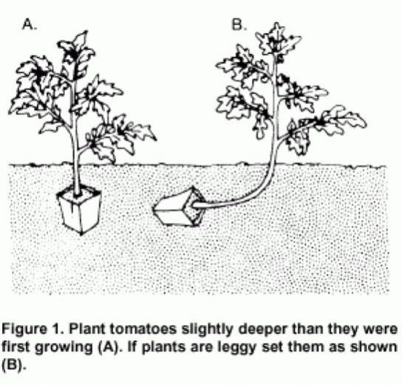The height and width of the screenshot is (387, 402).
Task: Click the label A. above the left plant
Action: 30,25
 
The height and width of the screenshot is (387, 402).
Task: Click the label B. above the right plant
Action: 239,25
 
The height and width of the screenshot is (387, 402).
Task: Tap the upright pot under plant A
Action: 79,209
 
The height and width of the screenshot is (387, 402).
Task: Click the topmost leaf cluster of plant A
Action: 76,52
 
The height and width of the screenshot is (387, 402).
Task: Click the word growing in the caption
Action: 64,348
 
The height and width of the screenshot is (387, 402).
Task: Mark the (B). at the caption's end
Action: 14,365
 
